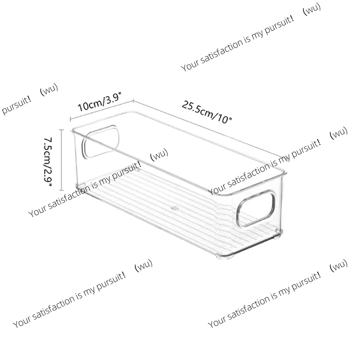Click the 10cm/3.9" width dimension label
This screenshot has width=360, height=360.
click(99, 102)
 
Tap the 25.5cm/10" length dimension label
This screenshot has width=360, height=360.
click(207, 112)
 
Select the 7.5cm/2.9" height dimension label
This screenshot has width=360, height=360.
click(48, 162)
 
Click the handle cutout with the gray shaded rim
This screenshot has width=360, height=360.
click(256, 208)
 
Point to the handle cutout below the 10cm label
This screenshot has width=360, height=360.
click(100, 142)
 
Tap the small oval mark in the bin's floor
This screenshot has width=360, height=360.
click(175, 209)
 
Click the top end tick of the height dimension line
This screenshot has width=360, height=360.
click(61, 130)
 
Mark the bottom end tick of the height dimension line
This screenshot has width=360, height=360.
click(61, 190)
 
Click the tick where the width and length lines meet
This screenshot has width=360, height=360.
click(133, 100)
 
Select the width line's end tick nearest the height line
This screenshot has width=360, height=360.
click(71, 119)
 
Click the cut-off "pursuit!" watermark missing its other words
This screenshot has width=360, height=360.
click(16, 105)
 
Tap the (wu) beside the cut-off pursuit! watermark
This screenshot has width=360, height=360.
click(49, 89)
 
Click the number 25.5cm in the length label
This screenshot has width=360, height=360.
click(197, 109)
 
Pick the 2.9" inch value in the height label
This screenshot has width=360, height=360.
click(48, 177)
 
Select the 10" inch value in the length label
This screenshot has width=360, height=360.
click(224, 119)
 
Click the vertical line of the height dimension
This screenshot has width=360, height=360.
click(61, 160)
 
